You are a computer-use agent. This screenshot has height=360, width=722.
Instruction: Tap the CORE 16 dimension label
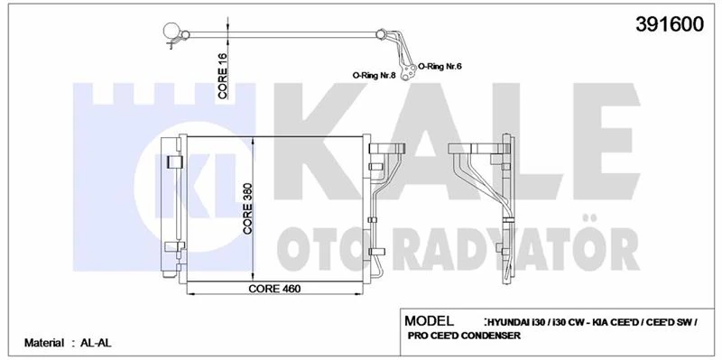[x=222, y=77]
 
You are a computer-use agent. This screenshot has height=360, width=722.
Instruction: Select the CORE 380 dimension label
[x=248, y=208]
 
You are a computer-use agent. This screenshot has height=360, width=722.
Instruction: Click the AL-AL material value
[x=95, y=344]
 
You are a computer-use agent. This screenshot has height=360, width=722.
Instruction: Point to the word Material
[x=43, y=344]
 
